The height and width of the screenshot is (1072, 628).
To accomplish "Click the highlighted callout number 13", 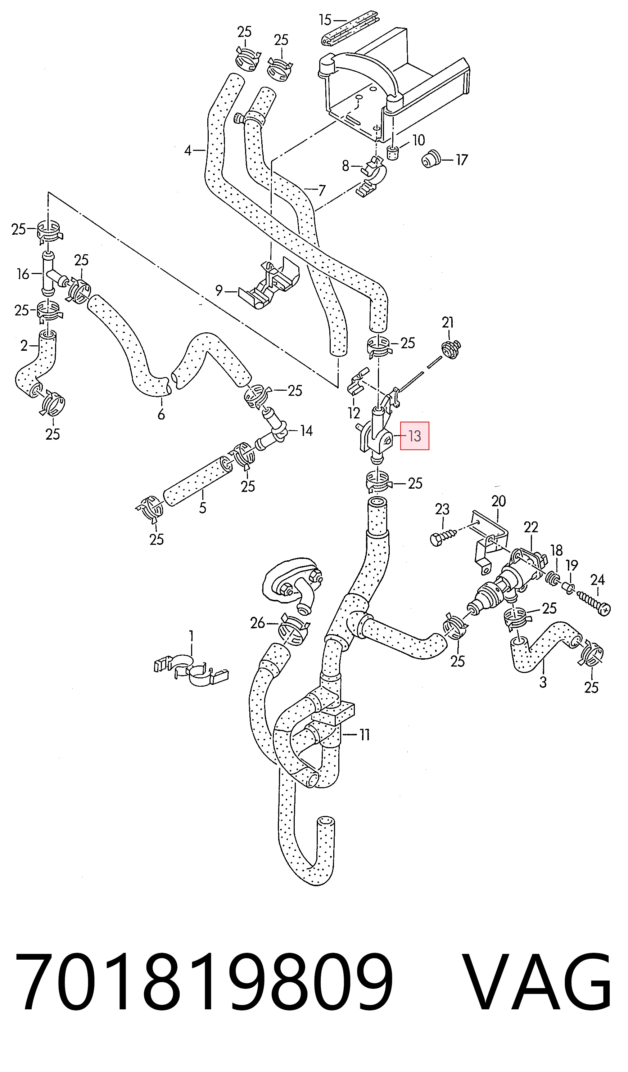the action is point(415,436).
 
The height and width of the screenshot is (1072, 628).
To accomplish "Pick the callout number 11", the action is point(365,735).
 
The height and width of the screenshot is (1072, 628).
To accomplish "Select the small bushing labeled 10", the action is point(393,152).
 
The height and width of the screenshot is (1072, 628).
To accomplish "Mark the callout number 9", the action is point(219,291).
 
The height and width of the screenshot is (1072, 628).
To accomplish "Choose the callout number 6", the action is point(161,414).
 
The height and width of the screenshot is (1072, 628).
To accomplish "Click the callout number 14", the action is point(306,431).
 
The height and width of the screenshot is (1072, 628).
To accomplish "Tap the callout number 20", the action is point(499,501).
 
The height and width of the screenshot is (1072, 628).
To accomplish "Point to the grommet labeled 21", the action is point(451,350).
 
